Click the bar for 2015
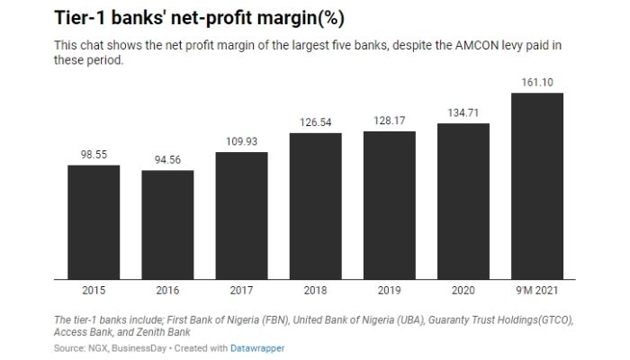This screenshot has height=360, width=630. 94,222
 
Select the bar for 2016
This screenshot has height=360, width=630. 167,225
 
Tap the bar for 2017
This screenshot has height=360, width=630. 241,216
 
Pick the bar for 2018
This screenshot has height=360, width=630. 315,206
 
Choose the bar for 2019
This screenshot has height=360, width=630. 389,205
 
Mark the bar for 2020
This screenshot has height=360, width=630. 463,202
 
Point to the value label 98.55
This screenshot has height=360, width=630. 94,155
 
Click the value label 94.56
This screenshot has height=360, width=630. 167,160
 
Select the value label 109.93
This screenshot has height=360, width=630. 241,142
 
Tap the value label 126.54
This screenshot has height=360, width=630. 315,122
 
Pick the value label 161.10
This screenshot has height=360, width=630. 536,83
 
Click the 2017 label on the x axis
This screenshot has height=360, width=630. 241,292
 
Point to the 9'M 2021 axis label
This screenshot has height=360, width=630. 536,292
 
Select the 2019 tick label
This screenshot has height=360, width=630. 389,292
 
